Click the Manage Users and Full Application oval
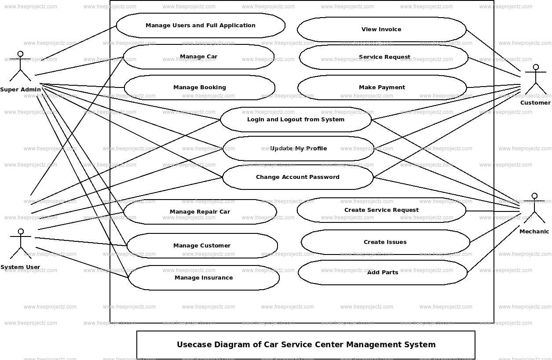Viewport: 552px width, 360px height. pyautogui.click(x=201, y=25)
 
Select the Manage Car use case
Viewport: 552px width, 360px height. pyautogui.click(x=198, y=57)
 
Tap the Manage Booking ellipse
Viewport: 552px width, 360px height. pyautogui.click(x=200, y=87)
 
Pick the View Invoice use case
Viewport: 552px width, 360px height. pyautogui.click(x=381, y=29)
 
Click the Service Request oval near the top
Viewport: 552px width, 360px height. pyautogui.click(x=384, y=57)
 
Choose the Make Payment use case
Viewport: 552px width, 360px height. pyautogui.click(x=382, y=87)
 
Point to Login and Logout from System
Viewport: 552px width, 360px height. pyautogui.click(x=296, y=120)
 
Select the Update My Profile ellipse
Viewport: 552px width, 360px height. pyautogui.click(x=298, y=149)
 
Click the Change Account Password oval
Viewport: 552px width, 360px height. pyautogui.click(x=298, y=177)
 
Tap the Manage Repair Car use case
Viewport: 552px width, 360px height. pyautogui.click(x=200, y=212)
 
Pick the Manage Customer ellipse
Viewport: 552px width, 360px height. pyautogui.click(x=202, y=246)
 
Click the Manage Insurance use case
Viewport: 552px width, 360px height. pyautogui.click(x=204, y=278)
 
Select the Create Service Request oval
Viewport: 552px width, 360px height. pyautogui.click(x=381, y=210)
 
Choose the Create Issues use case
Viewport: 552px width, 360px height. pyautogui.click(x=385, y=242)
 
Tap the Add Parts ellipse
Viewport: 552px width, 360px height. pyautogui.click(x=383, y=273)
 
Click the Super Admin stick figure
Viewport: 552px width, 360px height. pyautogui.click(x=20, y=67)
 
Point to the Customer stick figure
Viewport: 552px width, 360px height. pyautogui.click(x=535, y=80)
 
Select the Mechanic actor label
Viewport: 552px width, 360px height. pyautogui.click(x=534, y=232)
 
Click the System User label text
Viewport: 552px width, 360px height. pyautogui.click(x=20, y=267)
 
